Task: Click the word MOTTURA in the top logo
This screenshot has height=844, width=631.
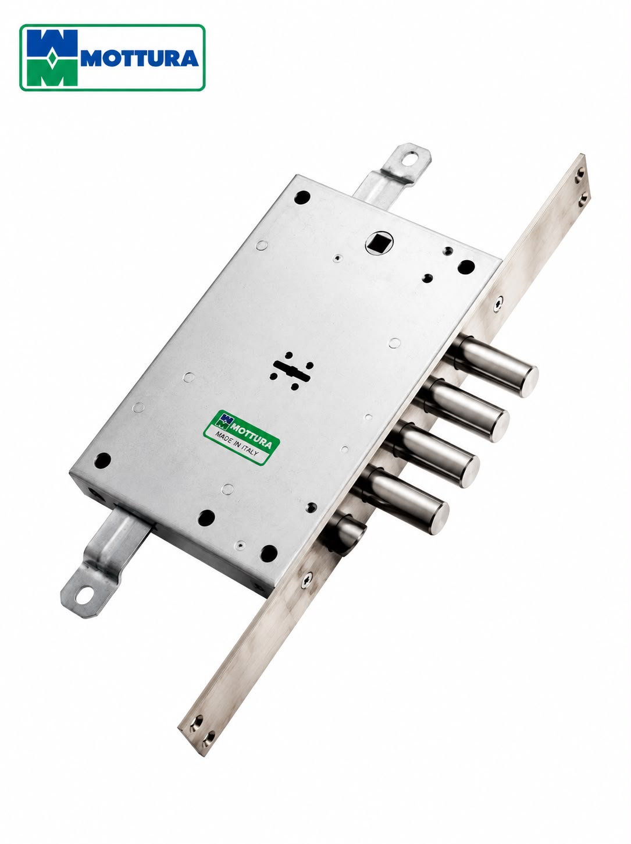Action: (140, 58)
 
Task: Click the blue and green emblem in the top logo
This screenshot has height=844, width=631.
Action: (52, 58)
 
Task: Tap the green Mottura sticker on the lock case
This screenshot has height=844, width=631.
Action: (241, 437)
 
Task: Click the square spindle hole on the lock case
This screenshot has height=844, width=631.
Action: (379, 243)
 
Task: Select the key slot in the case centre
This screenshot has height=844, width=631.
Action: (292, 371)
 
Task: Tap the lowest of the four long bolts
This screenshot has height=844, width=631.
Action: (403, 500)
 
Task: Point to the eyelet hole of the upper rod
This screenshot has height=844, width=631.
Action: (410, 158)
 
